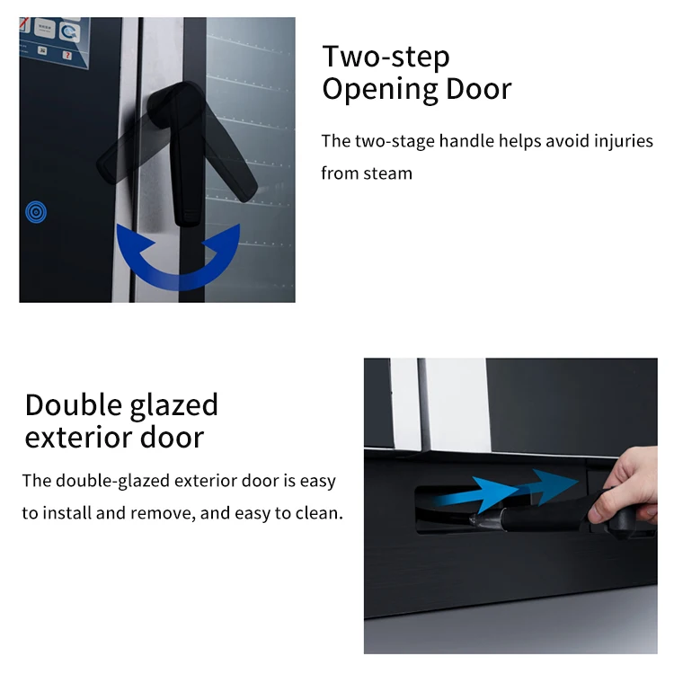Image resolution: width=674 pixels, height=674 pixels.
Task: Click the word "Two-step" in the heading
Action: pyautogui.click(x=386, y=57)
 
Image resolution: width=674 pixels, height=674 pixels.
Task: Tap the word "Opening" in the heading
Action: pyautogui.click(x=379, y=90)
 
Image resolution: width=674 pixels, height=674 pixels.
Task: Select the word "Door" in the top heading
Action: pyautogui.click(x=478, y=89)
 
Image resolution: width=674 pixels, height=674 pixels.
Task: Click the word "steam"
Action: pyautogui.click(x=387, y=173)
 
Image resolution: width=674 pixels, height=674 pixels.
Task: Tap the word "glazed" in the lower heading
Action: pyautogui.click(x=174, y=406)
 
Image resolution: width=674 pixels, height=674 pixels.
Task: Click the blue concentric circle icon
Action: pyautogui.click(x=36, y=212)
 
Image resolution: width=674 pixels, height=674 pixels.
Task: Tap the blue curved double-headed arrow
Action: pyautogui.click(x=179, y=281)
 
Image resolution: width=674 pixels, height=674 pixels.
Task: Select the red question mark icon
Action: pyautogui.click(x=67, y=55)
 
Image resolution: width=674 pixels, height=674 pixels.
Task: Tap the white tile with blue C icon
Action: pyautogui.click(x=69, y=31)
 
